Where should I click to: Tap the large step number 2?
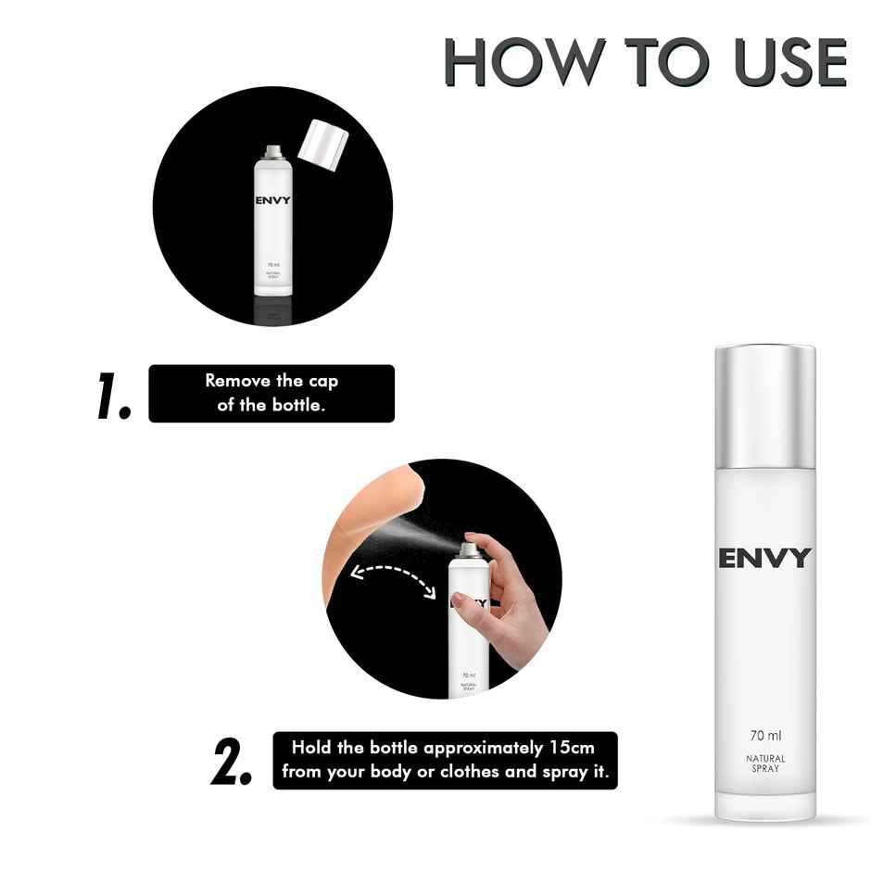pos(231,762)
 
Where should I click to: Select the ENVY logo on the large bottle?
pos(764,558)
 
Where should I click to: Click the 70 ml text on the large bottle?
pos(765,737)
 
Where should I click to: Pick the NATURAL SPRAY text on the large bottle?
pos(765,764)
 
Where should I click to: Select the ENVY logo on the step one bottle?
pos(272,200)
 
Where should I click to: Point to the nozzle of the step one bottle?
pos(272,150)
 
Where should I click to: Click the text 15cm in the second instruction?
pos(567,747)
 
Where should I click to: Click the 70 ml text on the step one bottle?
pos(272,265)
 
